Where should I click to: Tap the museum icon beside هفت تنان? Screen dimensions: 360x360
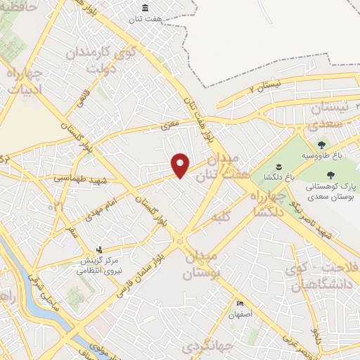click(x=145, y=8)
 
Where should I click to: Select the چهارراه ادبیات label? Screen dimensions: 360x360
click(x=25, y=80)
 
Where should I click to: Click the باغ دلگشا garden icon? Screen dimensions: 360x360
click(x=278, y=167)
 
